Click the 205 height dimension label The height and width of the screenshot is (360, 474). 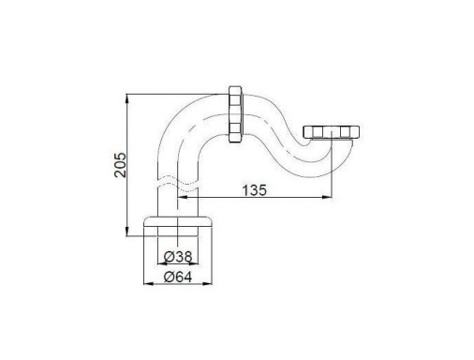click(x=120, y=165)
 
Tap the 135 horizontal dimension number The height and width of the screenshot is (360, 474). click(x=255, y=190)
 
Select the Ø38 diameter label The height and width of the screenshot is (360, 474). click(x=178, y=257)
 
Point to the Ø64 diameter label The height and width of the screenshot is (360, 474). click(x=178, y=277)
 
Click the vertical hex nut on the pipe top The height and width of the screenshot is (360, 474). click(x=236, y=113)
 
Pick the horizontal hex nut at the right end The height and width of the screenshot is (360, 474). click(x=332, y=131)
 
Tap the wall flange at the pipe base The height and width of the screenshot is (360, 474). click(x=178, y=221)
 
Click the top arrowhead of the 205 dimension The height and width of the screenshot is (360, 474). click(x=126, y=98)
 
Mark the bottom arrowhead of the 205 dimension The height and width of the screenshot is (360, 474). click(x=126, y=232)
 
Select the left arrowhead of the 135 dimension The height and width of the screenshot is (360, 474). click(x=182, y=197)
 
